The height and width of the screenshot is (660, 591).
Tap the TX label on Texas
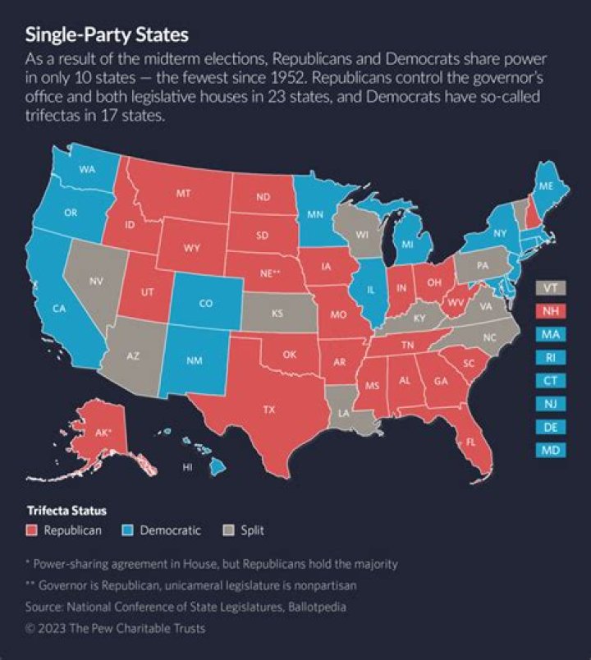click(x=268, y=408)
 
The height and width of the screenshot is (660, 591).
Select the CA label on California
click(x=59, y=309)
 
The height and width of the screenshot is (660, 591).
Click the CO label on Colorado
click(x=205, y=303)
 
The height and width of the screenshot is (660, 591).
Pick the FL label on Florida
click(x=471, y=442)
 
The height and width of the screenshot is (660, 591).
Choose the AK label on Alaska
click(x=103, y=432)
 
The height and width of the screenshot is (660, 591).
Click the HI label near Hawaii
click(x=187, y=467)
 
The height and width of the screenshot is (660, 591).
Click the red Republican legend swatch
click(x=33, y=530)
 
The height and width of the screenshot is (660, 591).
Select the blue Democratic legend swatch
click(x=128, y=530)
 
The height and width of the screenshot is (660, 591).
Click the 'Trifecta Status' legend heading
click(x=65, y=511)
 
